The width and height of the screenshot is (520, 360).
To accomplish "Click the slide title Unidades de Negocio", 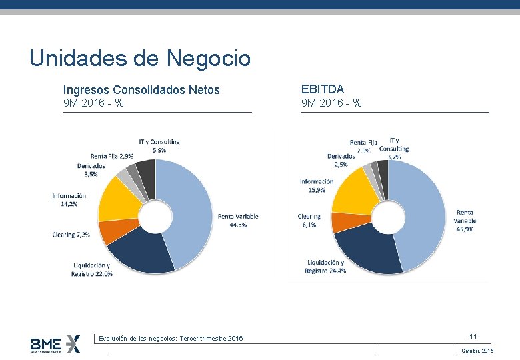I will click(x=140, y=59).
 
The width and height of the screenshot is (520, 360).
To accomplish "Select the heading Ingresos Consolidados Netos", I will click(x=141, y=89).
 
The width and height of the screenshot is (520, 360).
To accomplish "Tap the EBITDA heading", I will click(x=323, y=89).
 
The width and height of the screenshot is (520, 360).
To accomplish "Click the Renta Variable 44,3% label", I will click(x=237, y=221).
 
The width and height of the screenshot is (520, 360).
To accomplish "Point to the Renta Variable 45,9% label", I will click(x=465, y=221).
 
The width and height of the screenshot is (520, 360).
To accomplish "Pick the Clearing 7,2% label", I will click(x=71, y=235).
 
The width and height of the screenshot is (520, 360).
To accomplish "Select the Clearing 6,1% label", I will click(x=309, y=221).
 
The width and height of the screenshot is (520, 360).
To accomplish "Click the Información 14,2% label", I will click(x=69, y=199).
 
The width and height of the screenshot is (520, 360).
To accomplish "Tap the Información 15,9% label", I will click(x=317, y=185).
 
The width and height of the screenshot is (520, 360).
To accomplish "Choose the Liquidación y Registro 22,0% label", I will click(x=93, y=269).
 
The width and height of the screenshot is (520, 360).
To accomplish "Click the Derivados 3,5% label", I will click(x=91, y=169).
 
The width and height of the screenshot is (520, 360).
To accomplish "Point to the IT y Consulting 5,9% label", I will click(x=159, y=146).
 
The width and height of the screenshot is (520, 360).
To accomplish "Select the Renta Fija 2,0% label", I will click(x=363, y=146).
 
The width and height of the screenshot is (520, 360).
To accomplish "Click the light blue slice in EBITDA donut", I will click(x=424, y=213).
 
